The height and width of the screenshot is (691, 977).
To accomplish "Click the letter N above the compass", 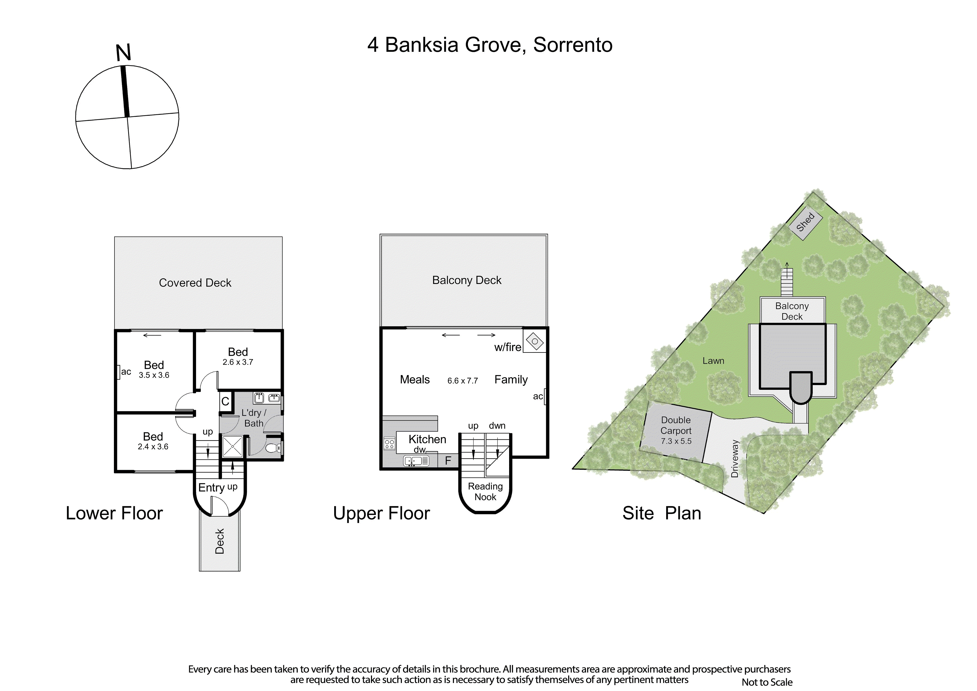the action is point(123,52).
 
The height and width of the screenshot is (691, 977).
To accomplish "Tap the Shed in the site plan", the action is point(805,222).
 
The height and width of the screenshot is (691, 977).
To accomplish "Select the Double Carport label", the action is point(676,425).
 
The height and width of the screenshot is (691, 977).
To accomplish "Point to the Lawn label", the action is point(713,361).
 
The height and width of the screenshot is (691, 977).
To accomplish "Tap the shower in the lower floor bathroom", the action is point(233,447).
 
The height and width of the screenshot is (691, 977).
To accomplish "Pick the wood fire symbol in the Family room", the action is point(534,341).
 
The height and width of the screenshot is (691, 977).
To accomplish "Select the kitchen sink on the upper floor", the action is point(416,461).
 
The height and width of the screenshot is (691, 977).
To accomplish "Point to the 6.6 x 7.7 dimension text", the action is point(463,381).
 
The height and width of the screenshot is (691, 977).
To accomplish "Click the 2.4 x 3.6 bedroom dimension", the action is point(153,447).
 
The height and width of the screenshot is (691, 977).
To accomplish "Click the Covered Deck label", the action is point(195,283).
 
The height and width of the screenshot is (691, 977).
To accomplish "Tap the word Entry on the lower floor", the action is point(211,488).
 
